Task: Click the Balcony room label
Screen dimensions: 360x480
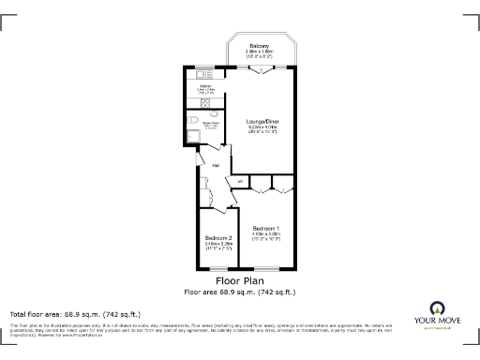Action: [x=258, y=47]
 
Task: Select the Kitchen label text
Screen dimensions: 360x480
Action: [x=206, y=86]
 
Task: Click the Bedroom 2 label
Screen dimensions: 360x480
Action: [x=217, y=238]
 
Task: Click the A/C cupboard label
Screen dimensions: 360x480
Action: [x=240, y=180]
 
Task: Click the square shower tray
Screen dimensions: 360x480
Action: [x=191, y=137]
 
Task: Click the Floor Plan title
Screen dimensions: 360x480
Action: [x=239, y=280]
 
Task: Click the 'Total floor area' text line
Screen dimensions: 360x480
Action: [x=75, y=314]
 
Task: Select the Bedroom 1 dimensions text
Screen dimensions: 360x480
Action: [x=263, y=240]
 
